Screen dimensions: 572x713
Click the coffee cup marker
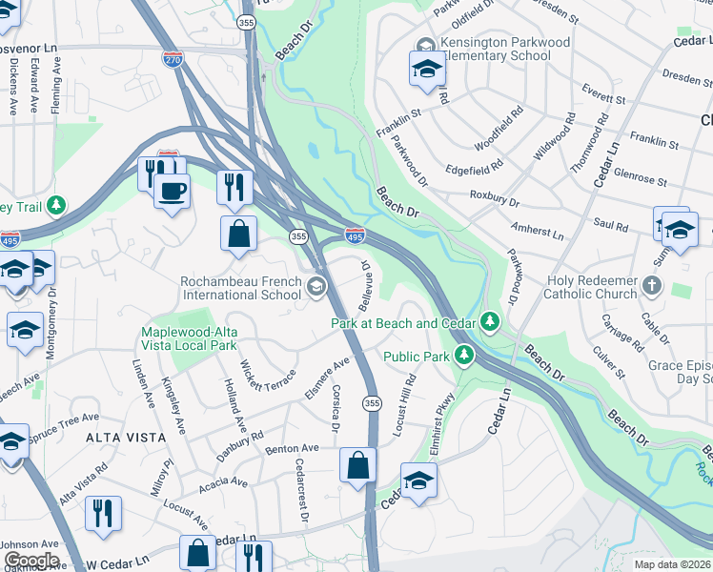tap(172, 191)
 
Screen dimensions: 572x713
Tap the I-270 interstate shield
tap(173, 59)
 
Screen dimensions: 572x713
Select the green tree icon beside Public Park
tap(464, 357)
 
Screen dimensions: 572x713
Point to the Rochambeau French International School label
tap(242, 288)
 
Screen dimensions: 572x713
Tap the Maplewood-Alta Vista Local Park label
tap(189, 339)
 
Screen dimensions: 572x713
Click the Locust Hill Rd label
tap(406, 399)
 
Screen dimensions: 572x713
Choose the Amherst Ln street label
tap(538, 234)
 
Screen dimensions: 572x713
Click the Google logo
tap(31, 561)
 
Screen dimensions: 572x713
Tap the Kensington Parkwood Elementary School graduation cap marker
tap(426, 69)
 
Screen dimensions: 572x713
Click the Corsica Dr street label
tap(335, 408)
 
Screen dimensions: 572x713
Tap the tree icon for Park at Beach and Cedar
tap(491, 322)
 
